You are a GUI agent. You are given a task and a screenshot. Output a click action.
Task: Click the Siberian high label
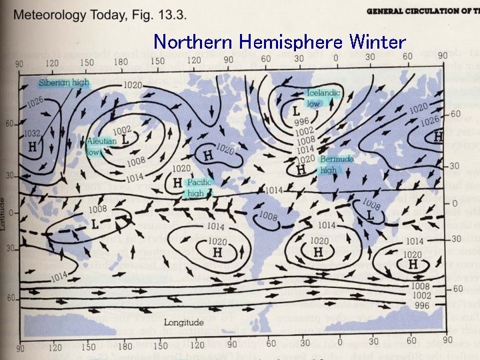(63, 83)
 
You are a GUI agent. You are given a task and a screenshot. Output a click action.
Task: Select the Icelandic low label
(323, 99)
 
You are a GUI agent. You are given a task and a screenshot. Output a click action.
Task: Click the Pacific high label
(199, 187)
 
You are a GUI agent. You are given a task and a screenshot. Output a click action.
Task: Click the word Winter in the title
(376, 43)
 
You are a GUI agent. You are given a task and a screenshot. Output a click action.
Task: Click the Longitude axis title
(185, 323)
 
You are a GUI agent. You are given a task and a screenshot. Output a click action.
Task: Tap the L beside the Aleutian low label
(125, 141)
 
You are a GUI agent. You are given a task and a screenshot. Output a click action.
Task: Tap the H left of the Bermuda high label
(301, 169)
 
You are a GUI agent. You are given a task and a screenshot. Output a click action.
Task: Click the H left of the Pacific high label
(177, 182)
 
